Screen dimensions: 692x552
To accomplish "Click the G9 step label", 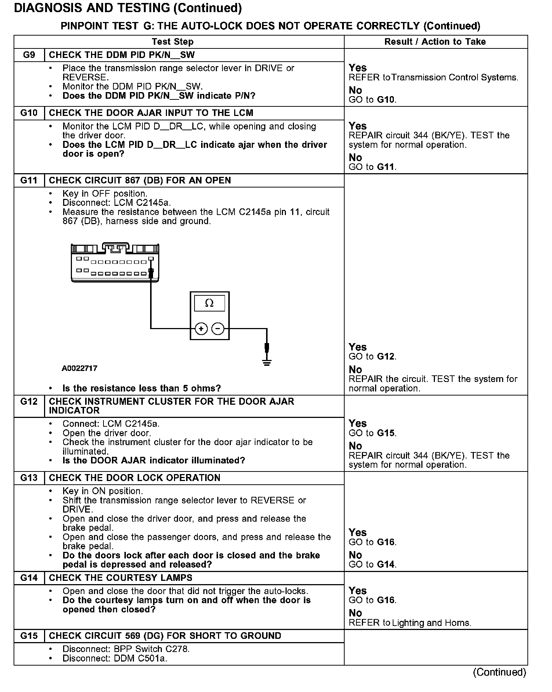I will pyautogui.click(x=29, y=55).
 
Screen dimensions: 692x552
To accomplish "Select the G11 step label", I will pyautogui.click(x=29, y=181).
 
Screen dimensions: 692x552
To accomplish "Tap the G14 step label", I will pyautogui.click(x=29, y=578).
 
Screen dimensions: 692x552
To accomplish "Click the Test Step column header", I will pyautogui.click(x=172, y=42).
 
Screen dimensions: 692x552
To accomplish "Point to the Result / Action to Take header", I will pyautogui.click(x=435, y=42).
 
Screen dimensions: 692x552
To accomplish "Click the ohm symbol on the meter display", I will pyautogui.click(x=209, y=303).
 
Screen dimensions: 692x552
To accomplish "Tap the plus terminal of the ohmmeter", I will pyautogui.click(x=201, y=329).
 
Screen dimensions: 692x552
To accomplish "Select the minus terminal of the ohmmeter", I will pyautogui.click(x=218, y=329).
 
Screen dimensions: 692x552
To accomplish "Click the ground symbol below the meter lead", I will pyautogui.click(x=267, y=363).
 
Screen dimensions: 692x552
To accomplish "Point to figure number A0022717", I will pyautogui.click(x=80, y=368).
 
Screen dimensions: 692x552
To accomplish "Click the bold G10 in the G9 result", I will pyautogui.click(x=386, y=100).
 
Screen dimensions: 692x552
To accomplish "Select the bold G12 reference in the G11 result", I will pyautogui.click(x=386, y=357).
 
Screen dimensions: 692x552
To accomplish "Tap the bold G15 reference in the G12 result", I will pyautogui.click(x=386, y=433).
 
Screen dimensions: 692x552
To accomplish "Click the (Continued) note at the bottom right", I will pyautogui.click(x=500, y=672).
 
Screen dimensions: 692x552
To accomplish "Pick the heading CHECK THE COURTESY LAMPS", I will pyautogui.click(x=121, y=578).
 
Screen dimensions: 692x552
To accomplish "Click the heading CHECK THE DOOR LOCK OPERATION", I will pyautogui.click(x=135, y=478).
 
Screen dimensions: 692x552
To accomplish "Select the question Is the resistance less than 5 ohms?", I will pyautogui.click(x=142, y=389).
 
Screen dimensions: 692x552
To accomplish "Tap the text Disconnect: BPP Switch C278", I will pyautogui.click(x=126, y=649).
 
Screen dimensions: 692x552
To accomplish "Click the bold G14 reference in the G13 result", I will pyautogui.click(x=386, y=565).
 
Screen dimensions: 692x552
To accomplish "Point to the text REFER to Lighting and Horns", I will pyautogui.click(x=410, y=623).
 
